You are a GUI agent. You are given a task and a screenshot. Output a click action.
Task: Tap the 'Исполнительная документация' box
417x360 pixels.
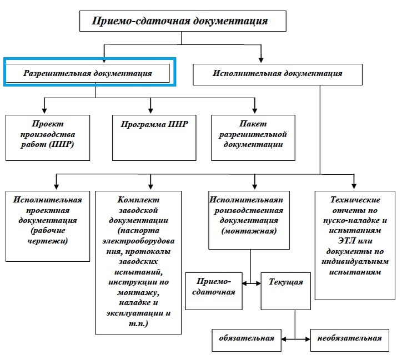277,74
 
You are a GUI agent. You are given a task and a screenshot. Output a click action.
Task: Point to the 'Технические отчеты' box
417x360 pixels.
355,245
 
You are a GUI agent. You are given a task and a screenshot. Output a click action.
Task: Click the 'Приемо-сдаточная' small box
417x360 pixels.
214,291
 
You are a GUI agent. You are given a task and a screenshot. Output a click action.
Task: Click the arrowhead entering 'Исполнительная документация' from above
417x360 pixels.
262,59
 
